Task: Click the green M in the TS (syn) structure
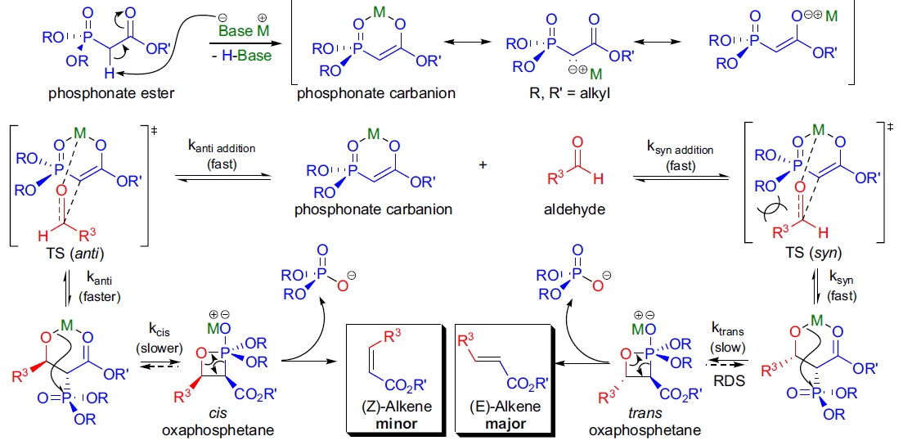click(794, 130)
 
